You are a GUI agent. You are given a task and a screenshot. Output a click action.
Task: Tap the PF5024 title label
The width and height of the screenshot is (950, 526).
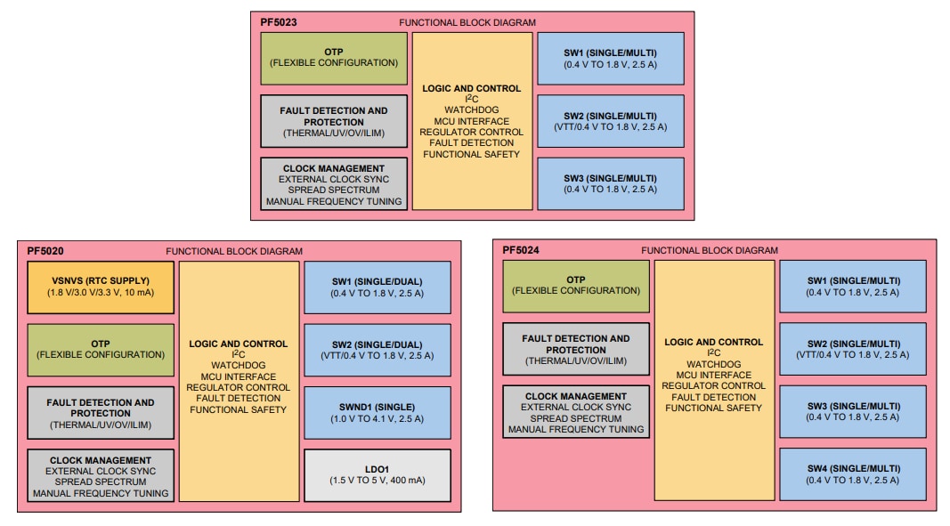click(x=521, y=250)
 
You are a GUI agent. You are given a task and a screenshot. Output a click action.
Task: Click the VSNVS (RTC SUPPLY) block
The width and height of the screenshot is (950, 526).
click(x=101, y=287)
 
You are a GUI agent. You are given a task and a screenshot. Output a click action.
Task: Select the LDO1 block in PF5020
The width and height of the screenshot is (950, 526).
click(x=378, y=474)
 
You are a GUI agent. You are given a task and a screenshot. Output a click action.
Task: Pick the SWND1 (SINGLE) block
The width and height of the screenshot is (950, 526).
click(x=378, y=412)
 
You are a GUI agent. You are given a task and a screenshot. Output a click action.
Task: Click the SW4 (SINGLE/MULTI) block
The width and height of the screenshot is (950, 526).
click(x=852, y=474)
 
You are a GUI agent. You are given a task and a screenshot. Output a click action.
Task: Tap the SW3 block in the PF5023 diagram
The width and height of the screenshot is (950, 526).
click(x=611, y=183)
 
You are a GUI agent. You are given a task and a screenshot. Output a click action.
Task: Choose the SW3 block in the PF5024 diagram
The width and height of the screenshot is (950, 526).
click(x=852, y=411)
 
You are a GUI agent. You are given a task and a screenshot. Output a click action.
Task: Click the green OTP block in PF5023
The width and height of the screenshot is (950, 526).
click(x=334, y=58)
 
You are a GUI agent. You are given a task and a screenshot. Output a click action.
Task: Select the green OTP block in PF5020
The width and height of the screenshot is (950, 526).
click(x=101, y=350)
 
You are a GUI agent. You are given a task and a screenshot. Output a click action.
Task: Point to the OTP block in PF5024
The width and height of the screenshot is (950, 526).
click(x=576, y=286)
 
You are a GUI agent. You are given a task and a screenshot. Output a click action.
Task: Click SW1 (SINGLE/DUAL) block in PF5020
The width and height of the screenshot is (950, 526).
click(x=378, y=287)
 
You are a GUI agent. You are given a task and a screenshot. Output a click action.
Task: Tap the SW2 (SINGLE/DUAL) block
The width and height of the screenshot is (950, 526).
click(x=378, y=350)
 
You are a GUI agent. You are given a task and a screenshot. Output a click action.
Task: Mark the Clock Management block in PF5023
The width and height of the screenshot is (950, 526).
click(x=334, y=184)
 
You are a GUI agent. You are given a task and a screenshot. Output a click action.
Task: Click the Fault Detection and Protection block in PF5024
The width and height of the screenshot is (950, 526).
click(x=576, y=349)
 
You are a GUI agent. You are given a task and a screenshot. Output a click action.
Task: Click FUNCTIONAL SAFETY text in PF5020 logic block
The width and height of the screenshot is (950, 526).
click(x=239, y=409)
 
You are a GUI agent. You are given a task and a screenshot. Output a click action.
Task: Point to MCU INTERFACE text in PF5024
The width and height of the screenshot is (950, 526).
click(x=714, y=375)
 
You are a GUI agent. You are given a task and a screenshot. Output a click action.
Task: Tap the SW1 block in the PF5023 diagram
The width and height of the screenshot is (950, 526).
click(x=611, y=58)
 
